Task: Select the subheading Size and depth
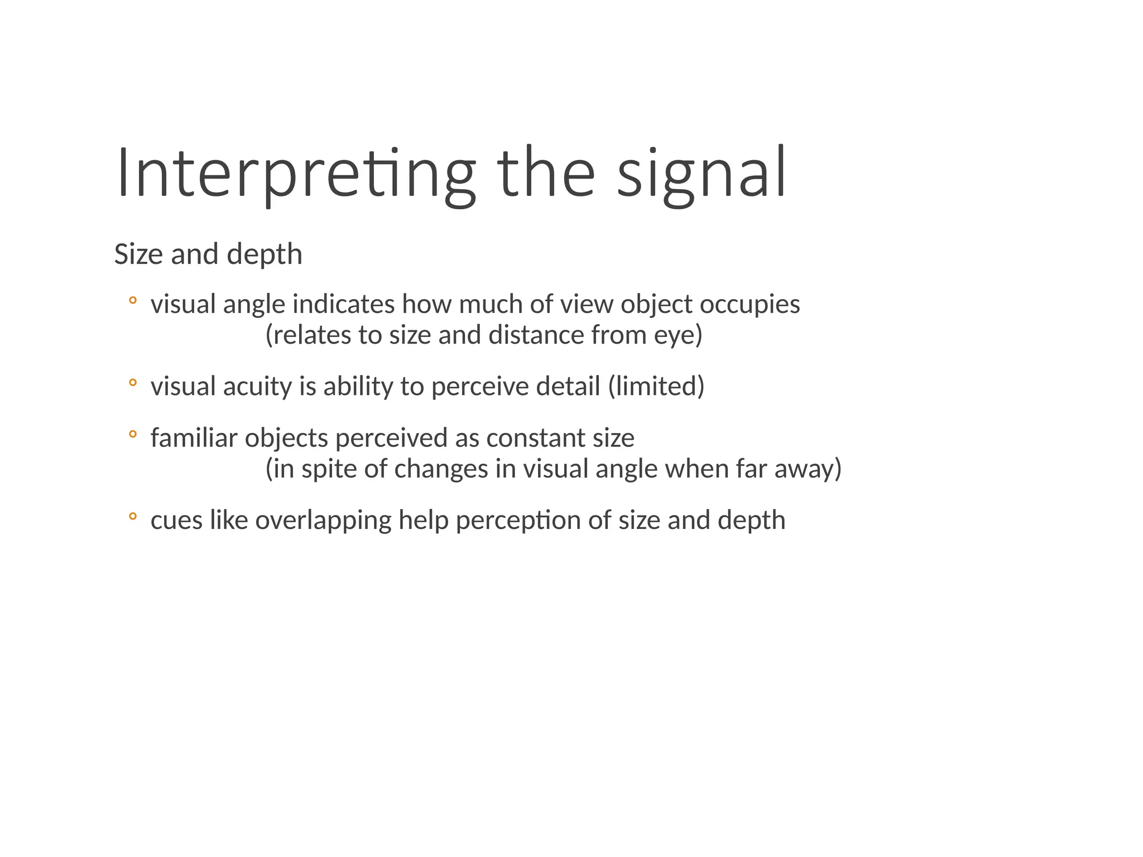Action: click(208, 254)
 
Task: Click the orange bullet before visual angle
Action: click(132, 301)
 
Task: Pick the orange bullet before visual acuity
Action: click(132, 383)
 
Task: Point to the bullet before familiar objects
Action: click(132, 434)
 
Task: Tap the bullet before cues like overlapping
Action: click(132, 516)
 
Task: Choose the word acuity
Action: click(257, 387)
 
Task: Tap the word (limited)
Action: click(656, 387)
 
